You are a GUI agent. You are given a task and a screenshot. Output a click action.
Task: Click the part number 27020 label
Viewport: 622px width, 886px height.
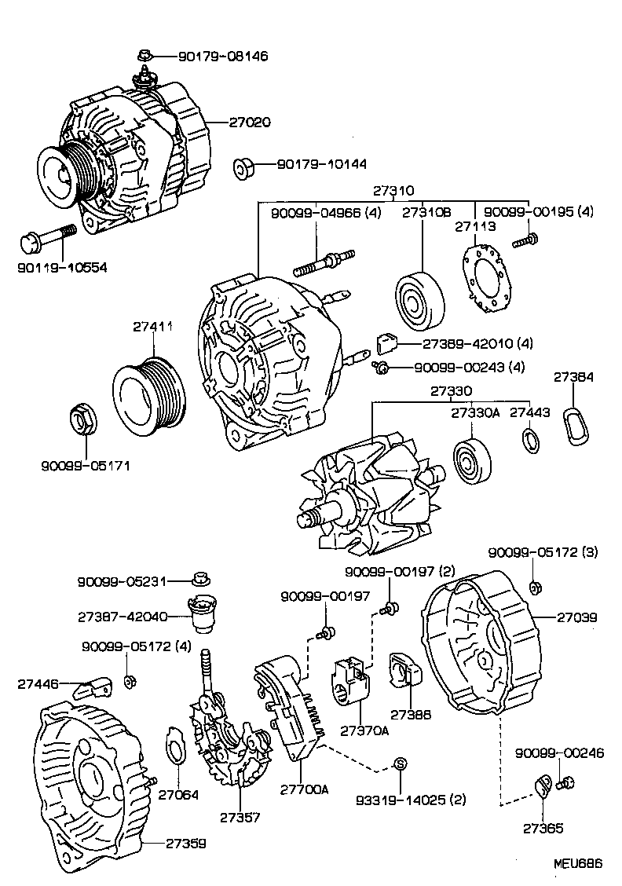250,123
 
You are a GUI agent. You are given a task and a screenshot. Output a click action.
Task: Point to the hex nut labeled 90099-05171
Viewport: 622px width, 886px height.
82,419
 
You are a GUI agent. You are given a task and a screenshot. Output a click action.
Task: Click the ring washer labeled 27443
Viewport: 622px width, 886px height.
531,441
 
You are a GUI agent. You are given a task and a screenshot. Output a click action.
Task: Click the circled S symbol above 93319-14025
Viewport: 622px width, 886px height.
399,763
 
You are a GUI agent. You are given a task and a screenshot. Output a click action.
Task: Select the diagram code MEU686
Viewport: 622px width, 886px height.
576,862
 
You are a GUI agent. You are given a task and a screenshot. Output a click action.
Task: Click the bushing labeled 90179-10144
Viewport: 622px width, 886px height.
244,167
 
